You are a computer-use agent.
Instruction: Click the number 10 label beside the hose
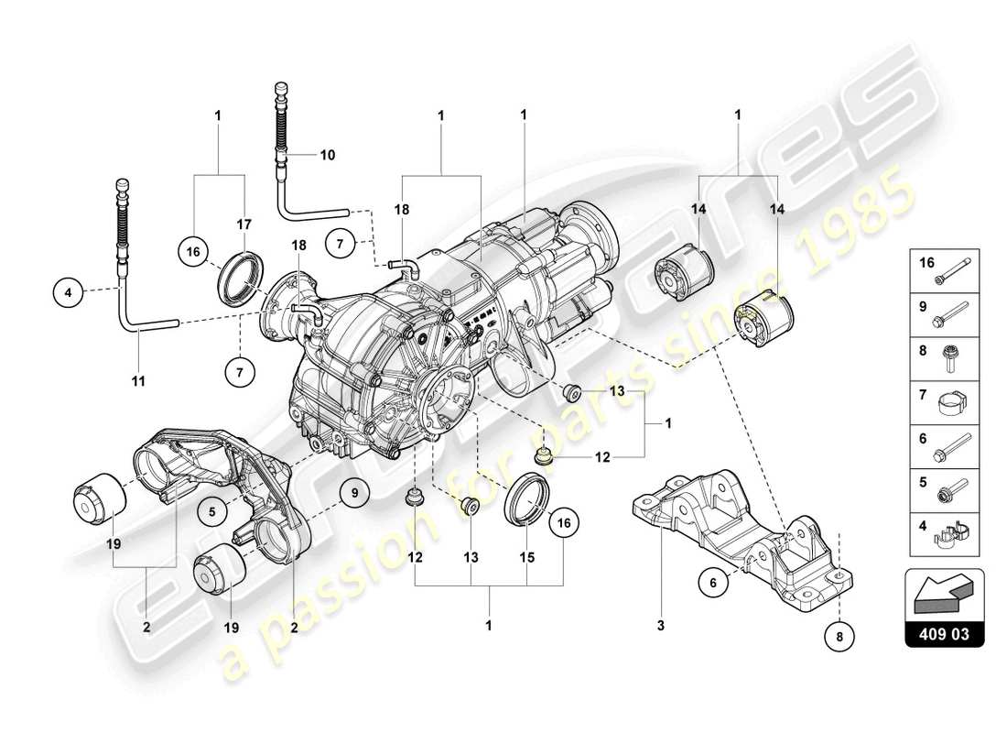[x=327, y=155]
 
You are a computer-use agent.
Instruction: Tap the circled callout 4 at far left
[x=67, y=293]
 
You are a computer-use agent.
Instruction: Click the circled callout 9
[x=353, y=494]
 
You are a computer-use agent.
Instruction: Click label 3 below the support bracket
[x=660, y=627]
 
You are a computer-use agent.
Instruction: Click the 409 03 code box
[x=944, y=632]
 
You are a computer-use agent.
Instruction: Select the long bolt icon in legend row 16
[x=956, y=269]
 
